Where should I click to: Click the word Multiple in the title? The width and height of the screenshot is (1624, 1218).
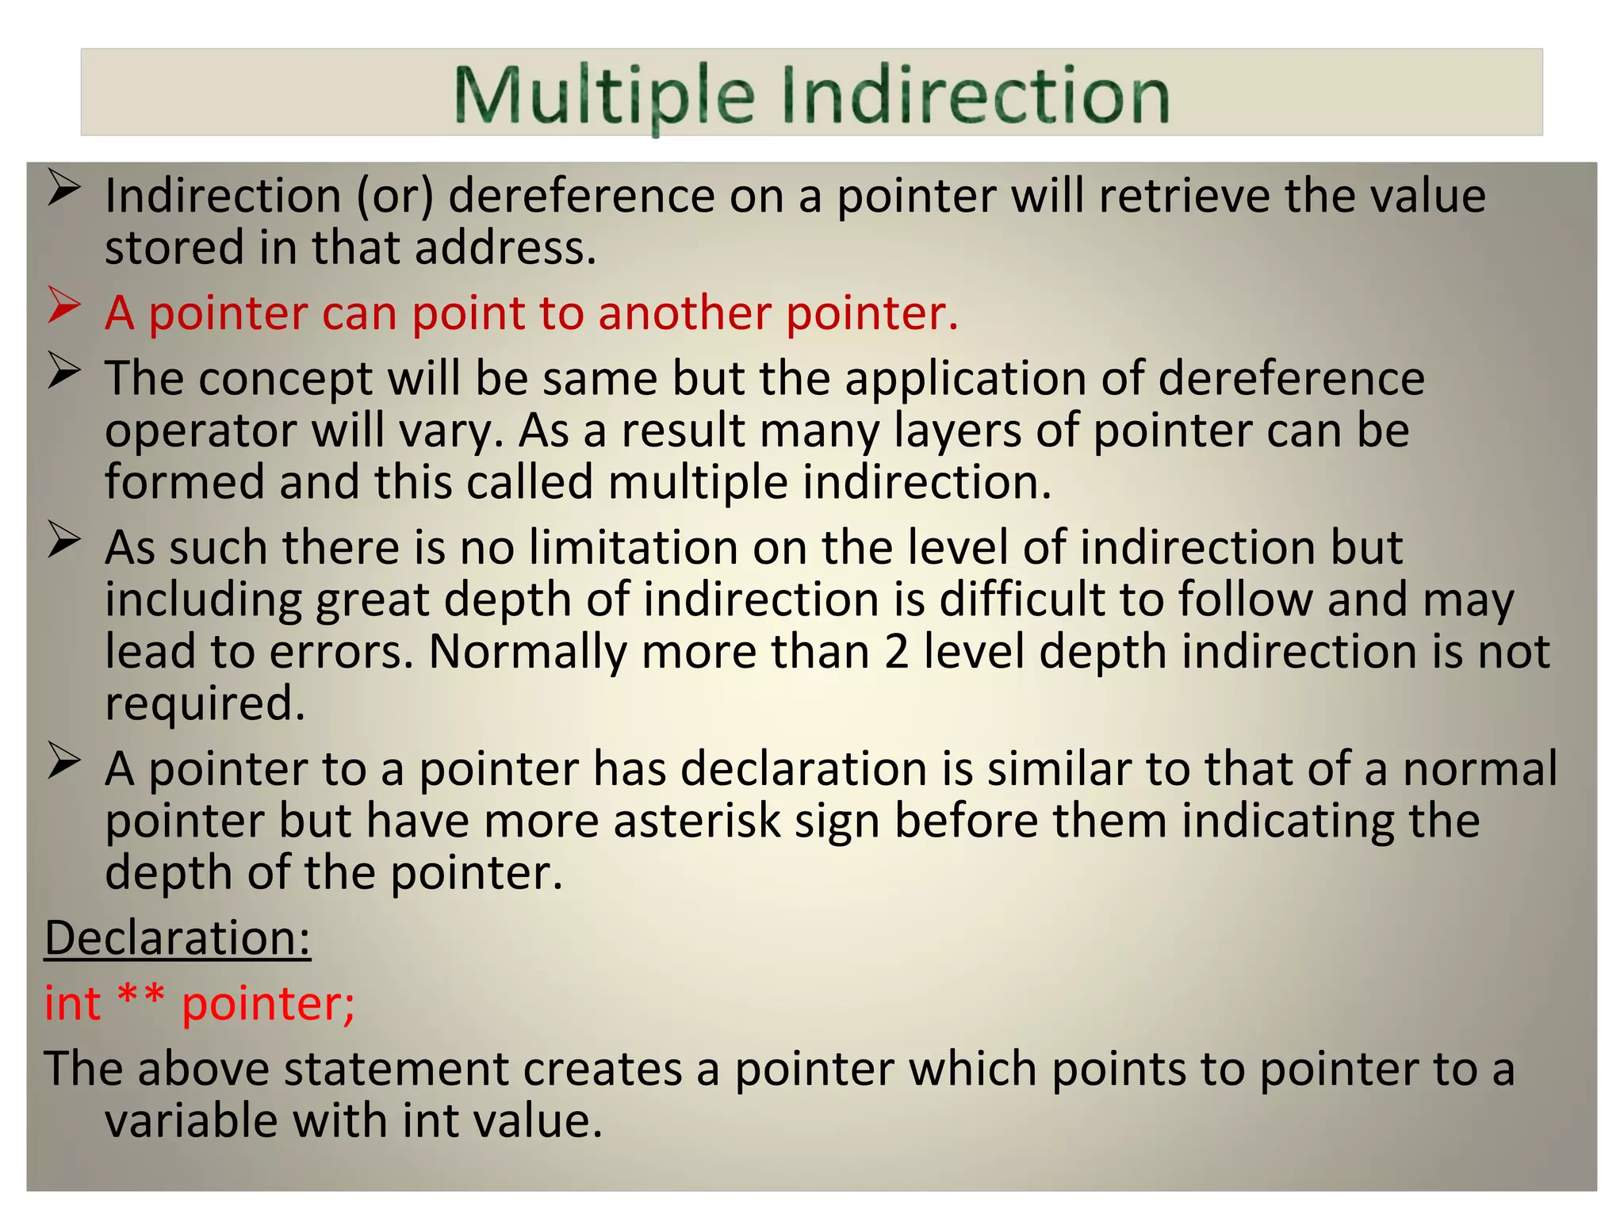point(603,96)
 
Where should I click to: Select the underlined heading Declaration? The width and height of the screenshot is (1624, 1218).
point(178,938)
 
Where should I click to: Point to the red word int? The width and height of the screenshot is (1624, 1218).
point(72,1003)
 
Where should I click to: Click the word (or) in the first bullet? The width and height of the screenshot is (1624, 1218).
point(395,196)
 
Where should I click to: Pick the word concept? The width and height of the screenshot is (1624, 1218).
point(285,379)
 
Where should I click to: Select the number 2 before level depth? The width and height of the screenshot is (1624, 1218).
point(896,652)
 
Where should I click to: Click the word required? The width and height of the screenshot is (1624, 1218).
point(205,704)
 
